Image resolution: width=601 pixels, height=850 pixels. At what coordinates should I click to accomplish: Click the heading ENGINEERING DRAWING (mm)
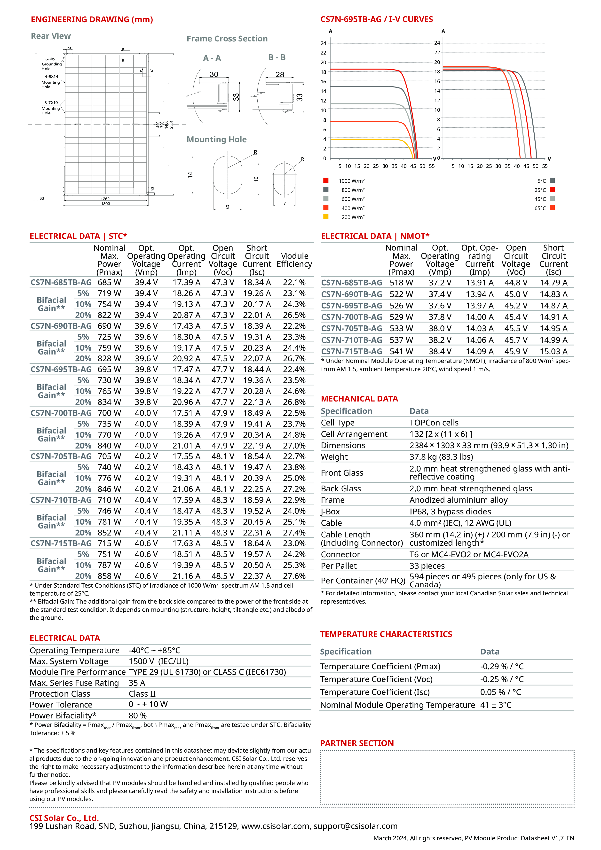click(92, 20)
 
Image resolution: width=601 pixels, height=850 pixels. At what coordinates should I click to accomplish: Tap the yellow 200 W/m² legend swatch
click(326, 217)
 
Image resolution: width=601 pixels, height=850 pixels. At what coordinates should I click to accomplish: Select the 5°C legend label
click(541, 181)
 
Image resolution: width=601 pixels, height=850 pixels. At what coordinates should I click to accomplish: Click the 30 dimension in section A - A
click(214, 74)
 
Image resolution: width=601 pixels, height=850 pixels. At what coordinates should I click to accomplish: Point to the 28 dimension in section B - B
click(280, 74)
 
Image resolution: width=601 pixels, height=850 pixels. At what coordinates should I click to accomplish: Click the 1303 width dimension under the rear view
click(105, 204)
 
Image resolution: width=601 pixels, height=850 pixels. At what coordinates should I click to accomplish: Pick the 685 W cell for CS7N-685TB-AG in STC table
click(109, 283)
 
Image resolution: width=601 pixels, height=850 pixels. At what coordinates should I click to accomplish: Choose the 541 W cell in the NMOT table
click(401, 351)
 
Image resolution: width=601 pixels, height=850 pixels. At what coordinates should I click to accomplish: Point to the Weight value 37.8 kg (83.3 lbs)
click(441, 457)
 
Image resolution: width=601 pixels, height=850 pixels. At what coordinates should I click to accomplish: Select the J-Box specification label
click(330, 512)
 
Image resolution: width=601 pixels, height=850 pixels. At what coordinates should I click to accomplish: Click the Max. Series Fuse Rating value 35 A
click(137, 683)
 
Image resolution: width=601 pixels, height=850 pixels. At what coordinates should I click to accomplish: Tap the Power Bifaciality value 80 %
click(138, 716)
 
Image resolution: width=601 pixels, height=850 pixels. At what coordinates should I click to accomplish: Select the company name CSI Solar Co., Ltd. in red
click(64, 818)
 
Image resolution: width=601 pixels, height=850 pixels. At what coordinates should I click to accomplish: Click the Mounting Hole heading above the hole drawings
click(217, 140)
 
